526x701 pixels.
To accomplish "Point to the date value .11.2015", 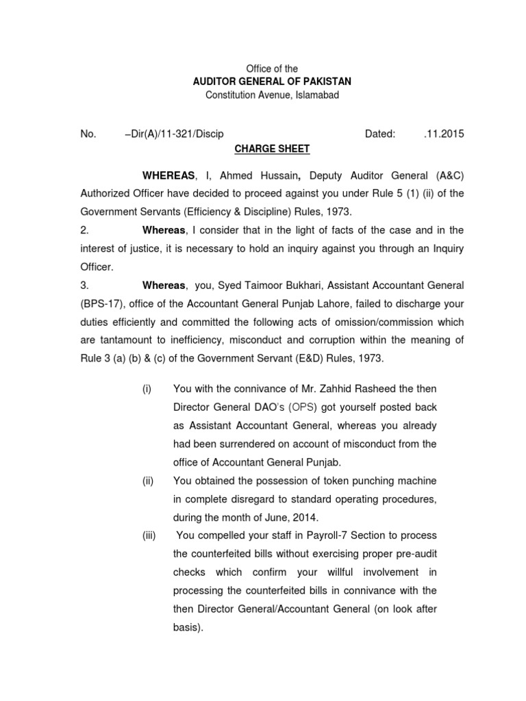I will point(443,134).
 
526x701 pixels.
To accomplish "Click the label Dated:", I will point(380,134).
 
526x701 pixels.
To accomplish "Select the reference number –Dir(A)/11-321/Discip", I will point(174,134).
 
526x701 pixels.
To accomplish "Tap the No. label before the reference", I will point(88,134).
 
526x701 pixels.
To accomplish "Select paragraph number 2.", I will point(84,229).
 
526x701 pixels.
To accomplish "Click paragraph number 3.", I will point(84,284).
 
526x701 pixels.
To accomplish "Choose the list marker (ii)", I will point(147,481).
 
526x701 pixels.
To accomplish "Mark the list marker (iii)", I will point(149,535).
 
